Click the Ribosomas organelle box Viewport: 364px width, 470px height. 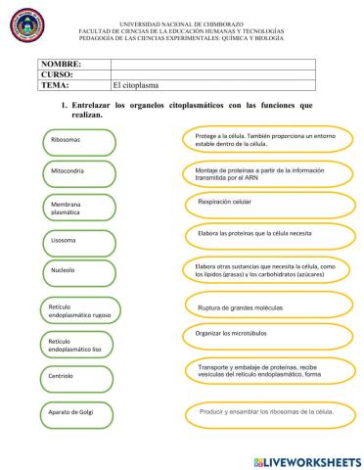pos(78,139)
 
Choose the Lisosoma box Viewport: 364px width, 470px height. pos(78,239)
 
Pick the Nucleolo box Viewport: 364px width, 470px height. pos(78,271)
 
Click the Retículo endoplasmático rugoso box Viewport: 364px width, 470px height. pos(78,310)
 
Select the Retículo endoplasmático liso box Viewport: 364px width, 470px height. pos(78,344)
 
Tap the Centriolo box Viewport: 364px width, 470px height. pos(78,376)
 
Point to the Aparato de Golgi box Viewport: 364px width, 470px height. pos(78,412)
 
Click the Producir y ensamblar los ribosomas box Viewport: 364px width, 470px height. pos(260,412)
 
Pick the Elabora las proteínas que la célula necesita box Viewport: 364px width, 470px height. pos(260,234)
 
